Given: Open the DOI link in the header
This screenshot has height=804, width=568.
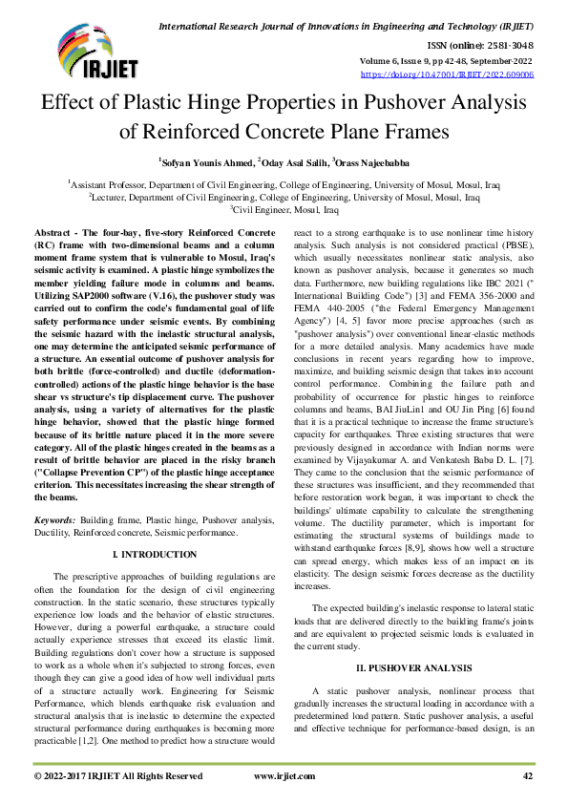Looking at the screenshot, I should [x=447, y=74].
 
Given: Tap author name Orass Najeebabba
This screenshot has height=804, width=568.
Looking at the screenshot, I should [x=370, y=163].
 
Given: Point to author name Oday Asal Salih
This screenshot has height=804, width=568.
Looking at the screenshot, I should [x=289, y=163].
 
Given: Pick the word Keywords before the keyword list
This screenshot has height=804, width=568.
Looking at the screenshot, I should [x=55, y=520].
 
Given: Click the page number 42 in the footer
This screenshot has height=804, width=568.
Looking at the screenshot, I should [x=527, y=777].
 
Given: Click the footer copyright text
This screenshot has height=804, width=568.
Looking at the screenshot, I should [x=118, y=777].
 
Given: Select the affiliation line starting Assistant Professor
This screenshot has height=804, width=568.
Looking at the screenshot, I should [x=284, y=181].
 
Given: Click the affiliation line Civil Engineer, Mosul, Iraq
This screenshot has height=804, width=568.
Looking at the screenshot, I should [x=284, y=208].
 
